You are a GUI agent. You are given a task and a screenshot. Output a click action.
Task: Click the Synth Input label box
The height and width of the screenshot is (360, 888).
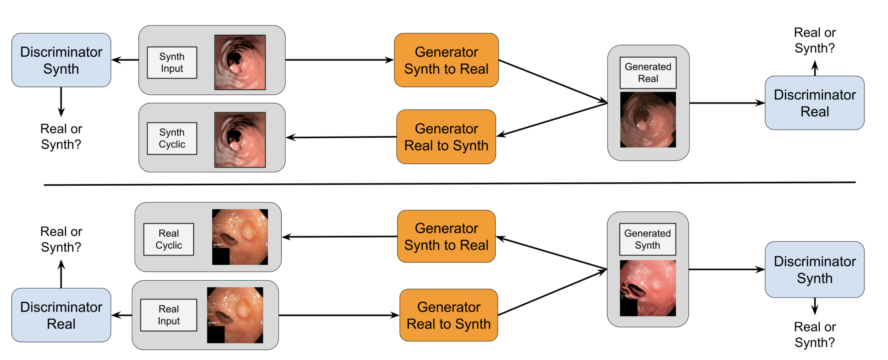tap(172, 62)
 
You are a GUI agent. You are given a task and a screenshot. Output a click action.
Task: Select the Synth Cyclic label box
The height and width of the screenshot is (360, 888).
tap(172, 138)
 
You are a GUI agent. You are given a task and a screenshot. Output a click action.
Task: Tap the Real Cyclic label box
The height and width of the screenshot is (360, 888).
tap(169, 239)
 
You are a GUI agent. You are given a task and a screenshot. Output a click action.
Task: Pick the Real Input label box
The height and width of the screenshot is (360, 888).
tap(169, 315)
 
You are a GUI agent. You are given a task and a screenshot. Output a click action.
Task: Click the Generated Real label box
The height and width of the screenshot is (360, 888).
tap(648, 72)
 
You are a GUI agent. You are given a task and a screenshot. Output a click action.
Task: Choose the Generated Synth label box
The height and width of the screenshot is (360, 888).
tap(647, 239)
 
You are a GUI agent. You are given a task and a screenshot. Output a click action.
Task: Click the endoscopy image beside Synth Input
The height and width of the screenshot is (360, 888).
tap(240, 62)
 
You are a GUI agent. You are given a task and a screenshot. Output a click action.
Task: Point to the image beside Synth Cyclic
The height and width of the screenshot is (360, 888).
tap(240, 140)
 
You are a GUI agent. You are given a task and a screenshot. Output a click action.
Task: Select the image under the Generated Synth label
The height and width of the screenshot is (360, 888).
tap(647, 288)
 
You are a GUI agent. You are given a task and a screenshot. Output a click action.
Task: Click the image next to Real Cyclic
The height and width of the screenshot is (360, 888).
tap(240, 237)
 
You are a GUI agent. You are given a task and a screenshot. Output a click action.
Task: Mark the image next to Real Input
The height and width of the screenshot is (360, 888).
tap(235, 315)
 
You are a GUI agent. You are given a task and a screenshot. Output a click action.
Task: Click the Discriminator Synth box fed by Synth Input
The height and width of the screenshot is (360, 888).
tap(61, 60)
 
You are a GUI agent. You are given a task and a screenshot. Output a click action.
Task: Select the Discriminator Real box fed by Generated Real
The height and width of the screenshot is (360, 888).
tap(814, 103)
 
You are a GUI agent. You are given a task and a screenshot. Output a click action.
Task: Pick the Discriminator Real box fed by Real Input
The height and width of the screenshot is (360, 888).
tap(61, 315)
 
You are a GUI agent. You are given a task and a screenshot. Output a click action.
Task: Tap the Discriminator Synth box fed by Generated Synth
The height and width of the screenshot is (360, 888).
tap(814, 269)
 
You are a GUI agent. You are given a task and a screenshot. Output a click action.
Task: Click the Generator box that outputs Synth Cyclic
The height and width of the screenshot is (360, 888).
tap(446, 137)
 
